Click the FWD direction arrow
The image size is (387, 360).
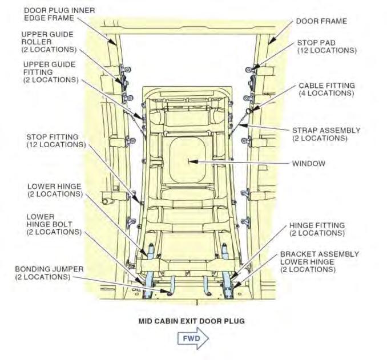[x=192, y=338]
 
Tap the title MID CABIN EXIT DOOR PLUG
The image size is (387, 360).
[x=192, y=321]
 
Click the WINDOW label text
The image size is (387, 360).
[x=309, y=164]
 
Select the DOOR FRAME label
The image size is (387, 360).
[x=321, y=21]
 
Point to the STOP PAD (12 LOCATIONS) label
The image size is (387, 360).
[x=326, y=46]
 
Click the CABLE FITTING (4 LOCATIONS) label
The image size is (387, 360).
[x=326, y=89]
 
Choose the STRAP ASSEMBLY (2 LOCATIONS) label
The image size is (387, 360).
[x=326, y=134]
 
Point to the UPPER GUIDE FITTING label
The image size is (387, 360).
[x=52, y=72]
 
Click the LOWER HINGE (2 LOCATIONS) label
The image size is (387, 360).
[x=54, y=190]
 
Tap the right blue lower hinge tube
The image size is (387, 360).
[x=228, y=268]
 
